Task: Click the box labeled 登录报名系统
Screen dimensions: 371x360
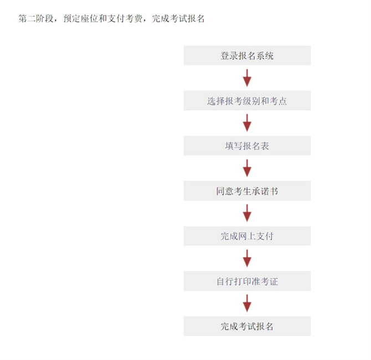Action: click(x=247, y=55)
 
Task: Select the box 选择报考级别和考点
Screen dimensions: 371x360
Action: click(x=247, y=101)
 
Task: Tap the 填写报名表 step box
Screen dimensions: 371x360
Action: click(x=247, y=146)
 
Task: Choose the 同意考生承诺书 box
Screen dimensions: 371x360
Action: click(x=247, y=191)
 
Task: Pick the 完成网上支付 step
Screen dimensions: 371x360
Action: click(x=247, y=236)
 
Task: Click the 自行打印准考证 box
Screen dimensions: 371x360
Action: click(x=247, y=281)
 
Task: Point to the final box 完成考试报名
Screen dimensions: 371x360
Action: click(x=247, y=326)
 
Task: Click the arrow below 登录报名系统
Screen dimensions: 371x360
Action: click(x=247, y=78)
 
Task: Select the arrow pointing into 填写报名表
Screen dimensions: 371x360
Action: click(x=247, y=123)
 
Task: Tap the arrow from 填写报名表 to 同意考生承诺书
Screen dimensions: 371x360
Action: click(x=247, y=168)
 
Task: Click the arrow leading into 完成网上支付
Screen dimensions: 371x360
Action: click(x=247, y=213)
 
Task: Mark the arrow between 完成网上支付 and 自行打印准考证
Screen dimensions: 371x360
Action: click(x=247, y=259)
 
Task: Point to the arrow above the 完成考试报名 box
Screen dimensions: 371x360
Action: click(x=247, y=304)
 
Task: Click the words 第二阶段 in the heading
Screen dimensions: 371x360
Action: click(x=36, y=18)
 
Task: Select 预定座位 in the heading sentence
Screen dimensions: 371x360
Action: click(x=81, y=18)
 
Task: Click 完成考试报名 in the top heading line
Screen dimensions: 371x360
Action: click(x=178, y=18)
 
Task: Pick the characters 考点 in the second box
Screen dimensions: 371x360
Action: click(x=278, y=101)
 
